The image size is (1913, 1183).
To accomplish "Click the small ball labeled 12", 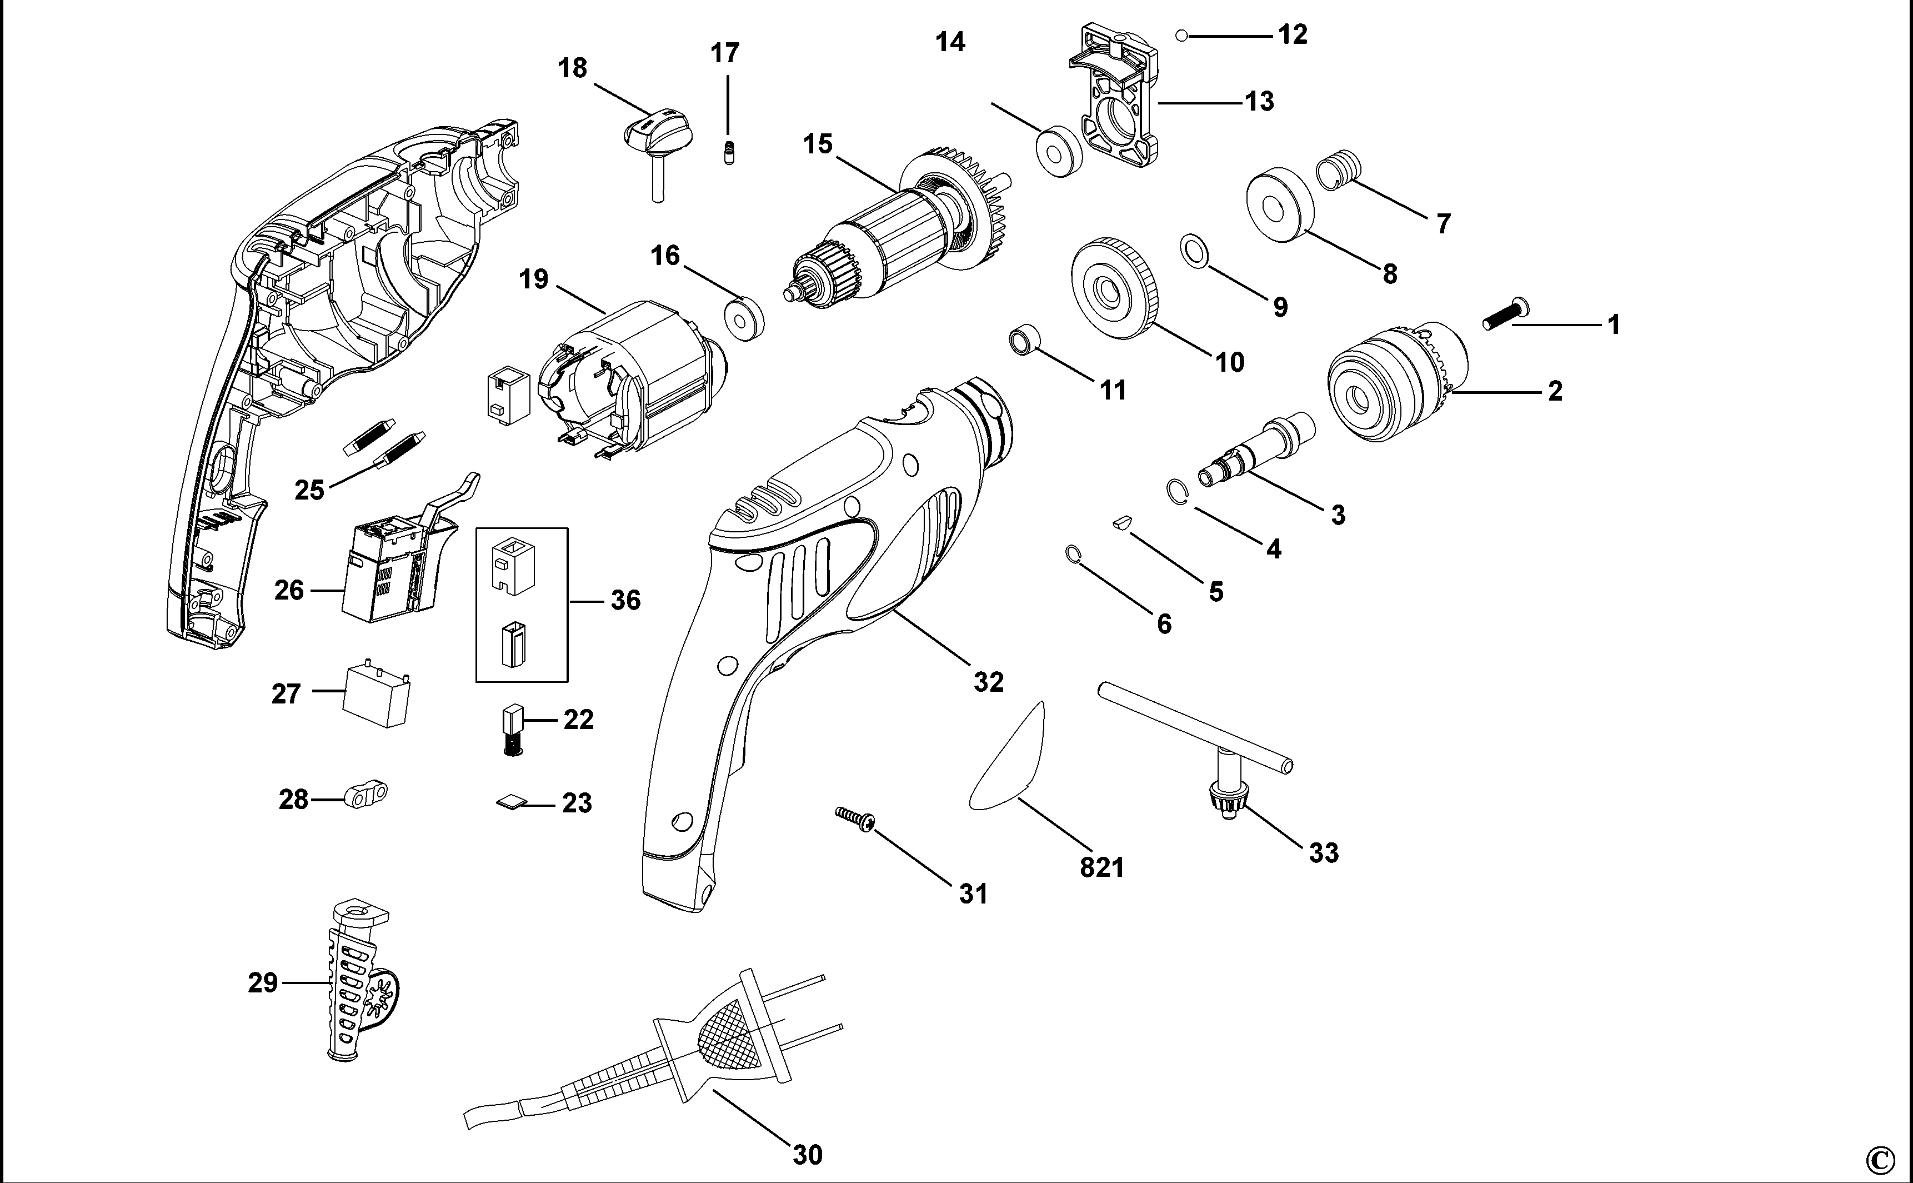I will point(1182,35).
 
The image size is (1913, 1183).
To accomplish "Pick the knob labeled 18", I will point(653,137).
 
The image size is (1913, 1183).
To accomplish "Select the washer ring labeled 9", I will point(1193,249).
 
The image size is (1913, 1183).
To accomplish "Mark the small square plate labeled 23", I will point(510,801).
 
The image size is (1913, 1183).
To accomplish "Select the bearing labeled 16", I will point(742,318).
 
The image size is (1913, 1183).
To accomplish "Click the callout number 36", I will point(625,601).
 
